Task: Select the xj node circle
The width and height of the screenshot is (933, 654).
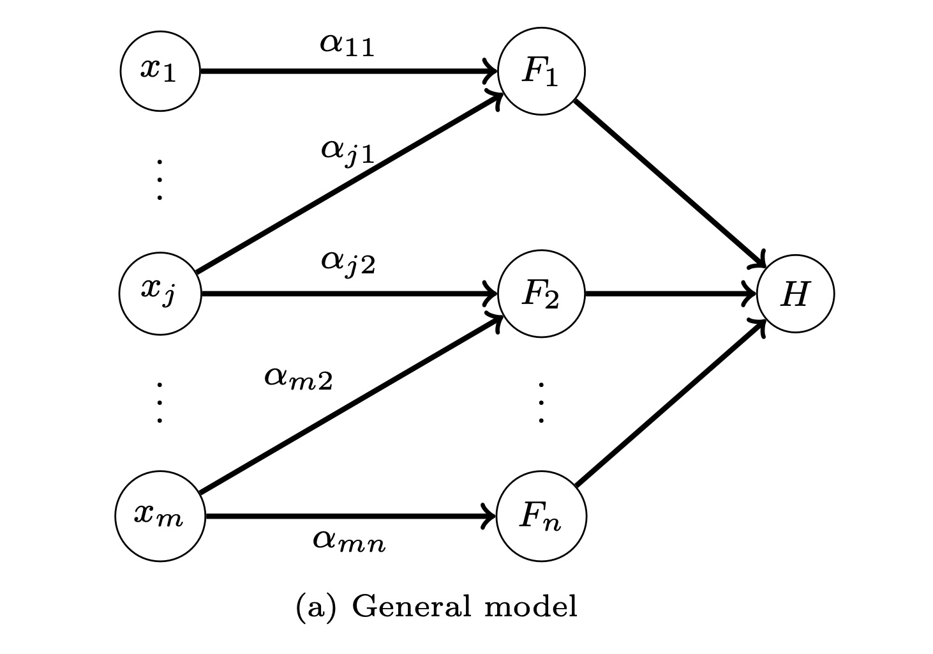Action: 160,293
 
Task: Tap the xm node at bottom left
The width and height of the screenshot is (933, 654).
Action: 160,516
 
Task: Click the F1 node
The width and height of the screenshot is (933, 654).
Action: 541,71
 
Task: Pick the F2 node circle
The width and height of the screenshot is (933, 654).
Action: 541,293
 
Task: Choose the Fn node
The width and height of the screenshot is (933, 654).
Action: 541,516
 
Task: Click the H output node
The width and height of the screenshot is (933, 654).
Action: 795,293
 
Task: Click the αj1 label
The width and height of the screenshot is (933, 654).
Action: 348,151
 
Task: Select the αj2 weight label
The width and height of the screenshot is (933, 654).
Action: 348,262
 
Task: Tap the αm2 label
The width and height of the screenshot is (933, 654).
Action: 298,378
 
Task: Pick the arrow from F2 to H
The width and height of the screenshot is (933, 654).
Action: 670,294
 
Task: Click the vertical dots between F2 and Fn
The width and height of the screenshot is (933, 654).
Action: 541,403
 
